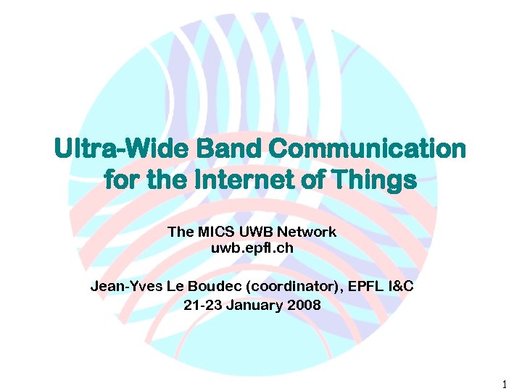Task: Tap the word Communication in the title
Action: coord(368,149)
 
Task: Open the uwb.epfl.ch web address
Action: coord(252,248)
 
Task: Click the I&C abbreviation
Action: coord(400,286)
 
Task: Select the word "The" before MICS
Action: coord(178,232)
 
